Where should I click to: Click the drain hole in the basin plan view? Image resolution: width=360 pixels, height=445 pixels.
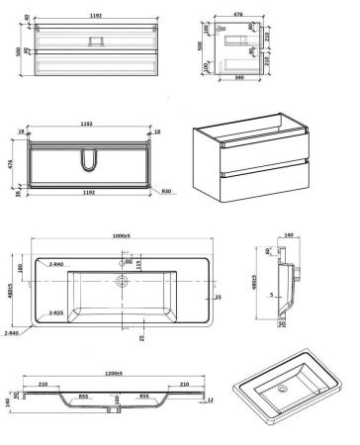pos(123,282)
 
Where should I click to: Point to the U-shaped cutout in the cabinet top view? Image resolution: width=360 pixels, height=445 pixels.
pos(93,160)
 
